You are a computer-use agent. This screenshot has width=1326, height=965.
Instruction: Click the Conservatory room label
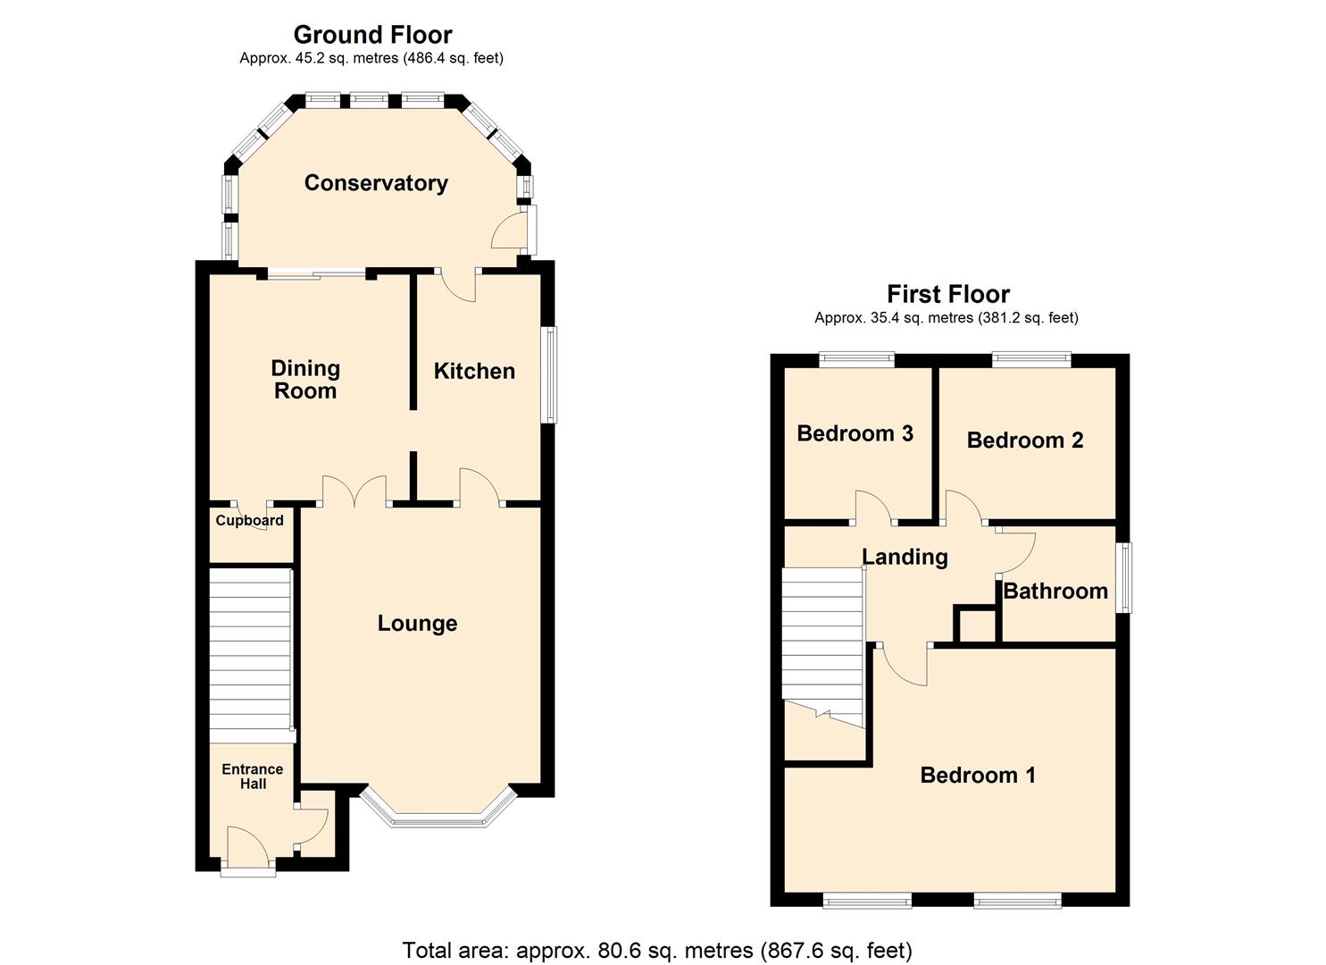[376, 183]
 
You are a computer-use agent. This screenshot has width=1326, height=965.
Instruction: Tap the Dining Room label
[305, 380]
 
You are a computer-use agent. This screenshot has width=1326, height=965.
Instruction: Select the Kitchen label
[474, 372]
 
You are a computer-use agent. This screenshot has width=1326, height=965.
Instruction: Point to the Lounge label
[417, 624]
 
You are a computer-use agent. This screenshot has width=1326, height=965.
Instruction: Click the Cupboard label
[250, 521]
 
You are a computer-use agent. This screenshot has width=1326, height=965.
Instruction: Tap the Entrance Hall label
[253, 776]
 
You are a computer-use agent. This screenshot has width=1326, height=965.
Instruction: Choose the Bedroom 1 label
[978, 776]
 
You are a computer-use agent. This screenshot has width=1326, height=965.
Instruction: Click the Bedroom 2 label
[1025, 441]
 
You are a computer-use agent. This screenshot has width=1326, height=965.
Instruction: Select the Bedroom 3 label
[855, 434]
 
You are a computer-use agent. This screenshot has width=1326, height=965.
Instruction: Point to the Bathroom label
[1055, 592]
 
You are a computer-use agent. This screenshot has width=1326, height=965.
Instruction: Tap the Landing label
[905, 558]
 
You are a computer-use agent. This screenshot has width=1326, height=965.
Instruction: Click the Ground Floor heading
[372, 35]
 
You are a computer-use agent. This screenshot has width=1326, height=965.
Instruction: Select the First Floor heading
[948, 294]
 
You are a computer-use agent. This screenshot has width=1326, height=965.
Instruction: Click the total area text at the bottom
[657, 950]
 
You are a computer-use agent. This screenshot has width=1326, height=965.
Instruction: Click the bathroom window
[1127, 578]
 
